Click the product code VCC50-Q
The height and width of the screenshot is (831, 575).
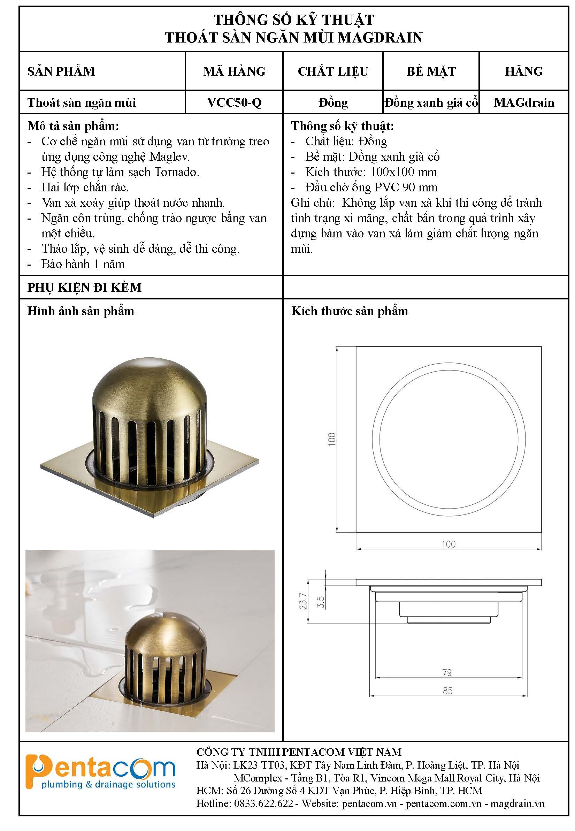click(x=234, y=103)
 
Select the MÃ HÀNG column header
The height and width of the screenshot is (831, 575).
click(x=234, y=71)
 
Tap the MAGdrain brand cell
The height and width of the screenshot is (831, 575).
click(x=524, y=103)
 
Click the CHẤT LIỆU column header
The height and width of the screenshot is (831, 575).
click(x=333, y=71)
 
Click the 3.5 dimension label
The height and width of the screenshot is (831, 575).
click(x=320, y=601)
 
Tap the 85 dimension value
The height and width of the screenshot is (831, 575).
click(x=447, y=691)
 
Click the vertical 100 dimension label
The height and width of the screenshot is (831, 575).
click(x=332, y=439)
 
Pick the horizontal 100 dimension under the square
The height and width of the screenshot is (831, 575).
click(x=449, y=544)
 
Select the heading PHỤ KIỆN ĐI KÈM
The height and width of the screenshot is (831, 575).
click(x=85, y=287)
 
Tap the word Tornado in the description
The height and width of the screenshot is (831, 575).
click(x=177, y=172)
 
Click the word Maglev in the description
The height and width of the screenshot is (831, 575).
click(x=169, y=157)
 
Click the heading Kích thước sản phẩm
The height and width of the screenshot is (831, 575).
click(x=350, y=311)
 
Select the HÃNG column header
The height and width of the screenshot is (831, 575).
click(x=524, y=71)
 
